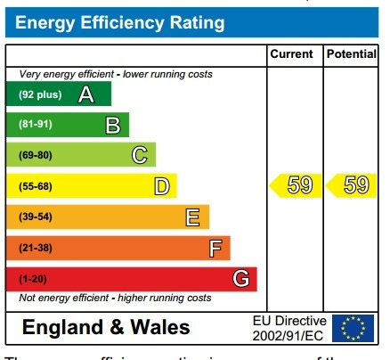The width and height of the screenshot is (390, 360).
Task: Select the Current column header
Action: pos(291,54)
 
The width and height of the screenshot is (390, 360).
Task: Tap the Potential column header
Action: pos(351,54)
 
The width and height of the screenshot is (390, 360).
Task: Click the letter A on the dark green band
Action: pos(86,94)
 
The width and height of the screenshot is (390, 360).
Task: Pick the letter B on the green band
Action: pos(112,126)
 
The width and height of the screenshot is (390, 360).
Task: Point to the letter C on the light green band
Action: pos(139,156)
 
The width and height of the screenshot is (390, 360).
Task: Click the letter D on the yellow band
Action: pos(161,186)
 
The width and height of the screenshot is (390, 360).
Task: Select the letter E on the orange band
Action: pos(191,217)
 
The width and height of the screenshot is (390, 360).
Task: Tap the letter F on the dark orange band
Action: pos(215,249)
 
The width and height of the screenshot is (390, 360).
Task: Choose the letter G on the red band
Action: pos(240,279)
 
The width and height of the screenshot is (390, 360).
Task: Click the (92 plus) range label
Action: pos(40,94)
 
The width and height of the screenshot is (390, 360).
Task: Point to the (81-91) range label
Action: pos(36,126)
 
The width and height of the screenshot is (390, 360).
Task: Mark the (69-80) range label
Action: pos(36,156)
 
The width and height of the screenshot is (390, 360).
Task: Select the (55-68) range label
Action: pos(36,186)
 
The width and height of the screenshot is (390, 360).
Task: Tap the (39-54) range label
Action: pos(36,217)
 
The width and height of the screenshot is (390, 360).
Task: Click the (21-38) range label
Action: pos(36,249)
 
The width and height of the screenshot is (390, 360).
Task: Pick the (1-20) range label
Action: pos(33,279)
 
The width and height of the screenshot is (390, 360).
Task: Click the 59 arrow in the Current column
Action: pos(293,185)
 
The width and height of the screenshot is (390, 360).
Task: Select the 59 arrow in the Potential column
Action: pos(350,185)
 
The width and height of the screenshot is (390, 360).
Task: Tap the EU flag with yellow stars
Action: pos(353,328)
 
